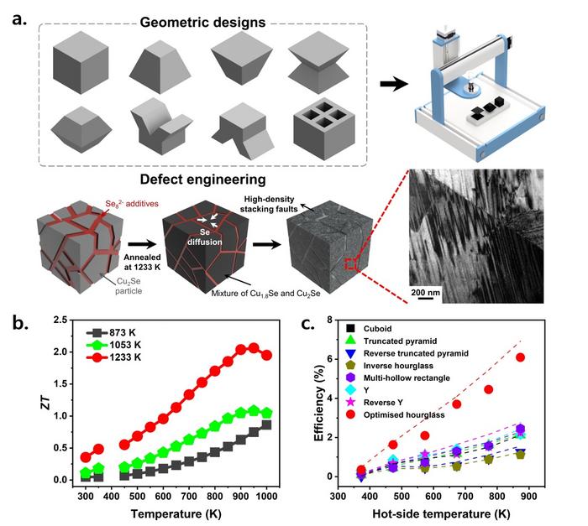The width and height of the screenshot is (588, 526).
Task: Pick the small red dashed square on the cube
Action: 349,265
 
